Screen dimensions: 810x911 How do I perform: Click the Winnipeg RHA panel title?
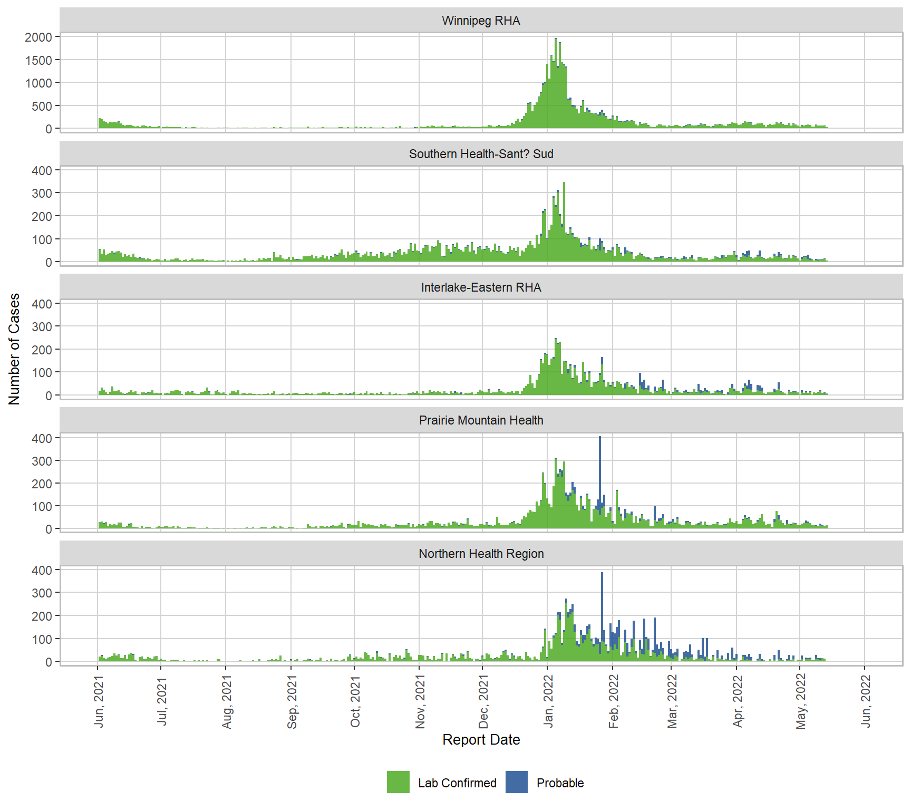coord(481,21)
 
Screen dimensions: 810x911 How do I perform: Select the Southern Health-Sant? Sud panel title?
coord(481,154)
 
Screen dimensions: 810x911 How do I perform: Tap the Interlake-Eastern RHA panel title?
coord(481,287)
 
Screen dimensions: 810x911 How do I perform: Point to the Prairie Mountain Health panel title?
coord(481,420)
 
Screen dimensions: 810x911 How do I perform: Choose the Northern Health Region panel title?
coord(481,554)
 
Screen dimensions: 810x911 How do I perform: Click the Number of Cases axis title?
coord(14,349)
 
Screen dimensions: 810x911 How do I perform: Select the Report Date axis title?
coord(481,740)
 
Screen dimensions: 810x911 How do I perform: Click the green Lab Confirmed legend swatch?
coord(398,783)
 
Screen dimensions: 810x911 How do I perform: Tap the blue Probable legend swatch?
coord(517,783)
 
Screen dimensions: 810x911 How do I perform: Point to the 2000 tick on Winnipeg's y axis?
coord(39,37)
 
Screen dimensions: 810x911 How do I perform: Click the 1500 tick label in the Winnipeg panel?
coord(39,60)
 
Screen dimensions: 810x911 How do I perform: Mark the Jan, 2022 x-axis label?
coord(548,701)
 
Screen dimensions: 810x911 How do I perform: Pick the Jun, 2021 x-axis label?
coord(99,701)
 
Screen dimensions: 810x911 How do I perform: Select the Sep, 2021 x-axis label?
coord(292,701)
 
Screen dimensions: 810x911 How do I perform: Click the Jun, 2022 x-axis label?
coord(866,701)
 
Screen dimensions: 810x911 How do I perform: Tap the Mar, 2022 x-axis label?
coord(672,701)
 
